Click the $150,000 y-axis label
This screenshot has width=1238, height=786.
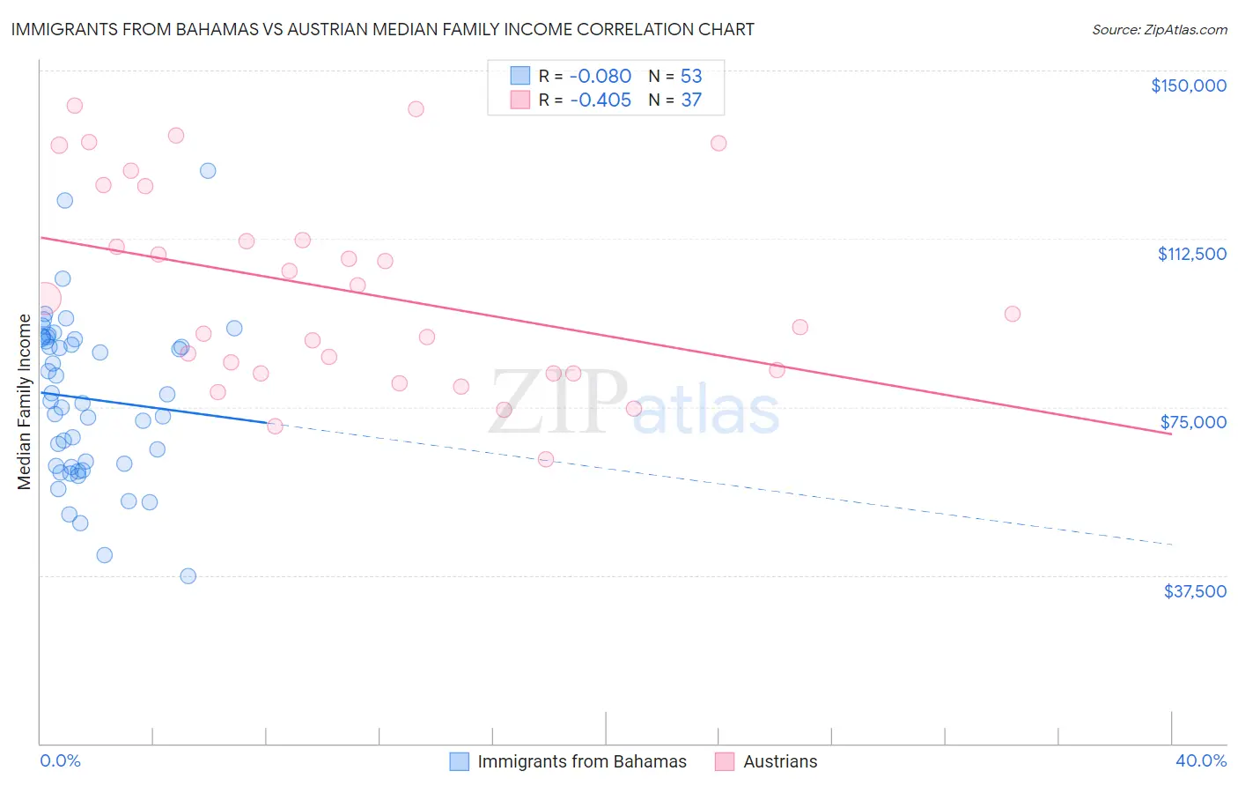click(x=1188, y=85)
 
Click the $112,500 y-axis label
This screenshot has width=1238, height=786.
click(x=1191, y=254)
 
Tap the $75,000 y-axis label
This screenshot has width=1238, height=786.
click(x=1193, y=422)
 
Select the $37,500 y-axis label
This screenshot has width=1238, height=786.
click(x=1195, y=591)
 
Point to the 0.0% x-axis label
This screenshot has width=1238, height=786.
click(x=60, y=760)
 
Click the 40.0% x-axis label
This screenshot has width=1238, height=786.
click(x=1200, y=760)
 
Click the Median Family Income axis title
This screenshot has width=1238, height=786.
click(x=25, y=402)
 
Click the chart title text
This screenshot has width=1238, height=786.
click(x=382, y=29)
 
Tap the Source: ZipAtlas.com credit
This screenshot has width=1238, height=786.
click(x=1159, y=30)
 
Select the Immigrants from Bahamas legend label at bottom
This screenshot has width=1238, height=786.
click(x=581, y=761)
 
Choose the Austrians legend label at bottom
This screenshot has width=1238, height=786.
click(x=780, y=761)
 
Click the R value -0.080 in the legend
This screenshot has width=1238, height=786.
click(x=601, y=76)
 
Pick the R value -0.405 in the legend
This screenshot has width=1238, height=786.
click(x=601, y=100)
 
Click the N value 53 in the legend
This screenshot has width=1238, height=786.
click(x=691, y=76)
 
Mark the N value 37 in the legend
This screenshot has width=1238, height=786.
click(x=691, y=100)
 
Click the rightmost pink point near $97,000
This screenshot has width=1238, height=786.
click(x=1012, y=314)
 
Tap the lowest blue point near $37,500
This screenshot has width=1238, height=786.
click(x=188, y=575)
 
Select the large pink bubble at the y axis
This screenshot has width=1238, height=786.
click(x=44, y=299)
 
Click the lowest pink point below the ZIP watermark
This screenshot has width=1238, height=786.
click(x=545, y=459)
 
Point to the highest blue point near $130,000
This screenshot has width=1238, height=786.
click(x=208, y=170)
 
